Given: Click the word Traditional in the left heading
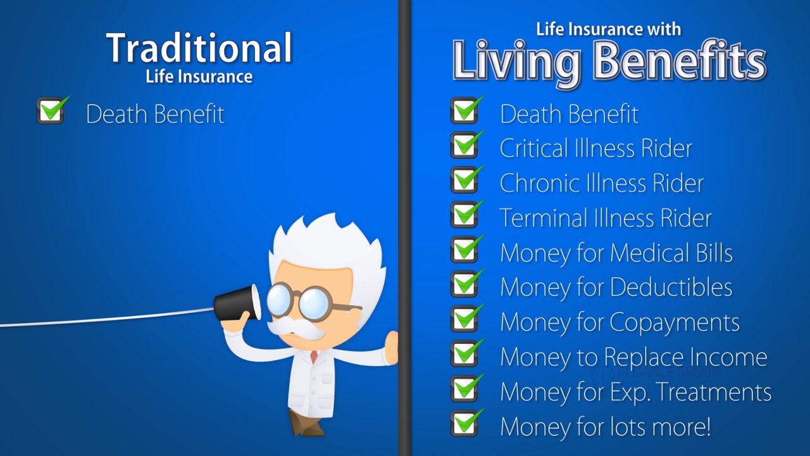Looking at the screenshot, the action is (x=199, y=47).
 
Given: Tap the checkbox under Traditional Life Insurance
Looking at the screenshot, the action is (x=51, y=110).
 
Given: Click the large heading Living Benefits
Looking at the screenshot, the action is (x=609, y=61).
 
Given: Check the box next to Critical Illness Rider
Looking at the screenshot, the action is (x=465, y=145).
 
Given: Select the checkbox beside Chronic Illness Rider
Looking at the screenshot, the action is (x=465, y=180).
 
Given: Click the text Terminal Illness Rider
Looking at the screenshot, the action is (x=606, y=218).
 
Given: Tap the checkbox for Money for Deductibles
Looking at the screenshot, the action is (x=465, y=284).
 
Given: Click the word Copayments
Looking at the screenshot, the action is (x=675, y=323).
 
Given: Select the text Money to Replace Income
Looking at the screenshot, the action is (x=633, y=358).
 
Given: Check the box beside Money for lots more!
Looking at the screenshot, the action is (x=465, y=423).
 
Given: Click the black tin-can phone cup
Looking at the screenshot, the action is (x=237, y=303).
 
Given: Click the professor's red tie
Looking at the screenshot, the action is (x=314, y=357).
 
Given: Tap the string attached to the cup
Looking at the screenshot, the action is (x=107, y=317).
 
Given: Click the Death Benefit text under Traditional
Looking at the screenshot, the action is (x=155, y=115).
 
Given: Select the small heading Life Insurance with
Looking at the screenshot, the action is (x=609, y=29).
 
